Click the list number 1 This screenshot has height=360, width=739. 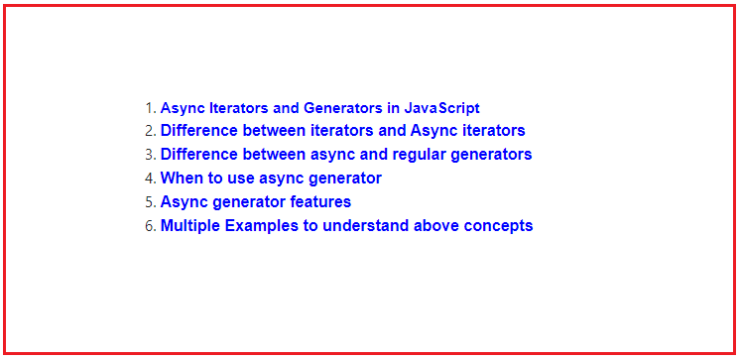150,107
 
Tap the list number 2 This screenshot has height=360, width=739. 150,131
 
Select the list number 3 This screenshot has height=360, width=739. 150,155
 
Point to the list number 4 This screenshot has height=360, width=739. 150,179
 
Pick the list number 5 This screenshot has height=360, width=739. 150,202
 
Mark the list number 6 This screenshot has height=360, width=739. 150,226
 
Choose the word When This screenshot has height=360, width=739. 181,179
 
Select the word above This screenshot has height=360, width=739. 435,226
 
